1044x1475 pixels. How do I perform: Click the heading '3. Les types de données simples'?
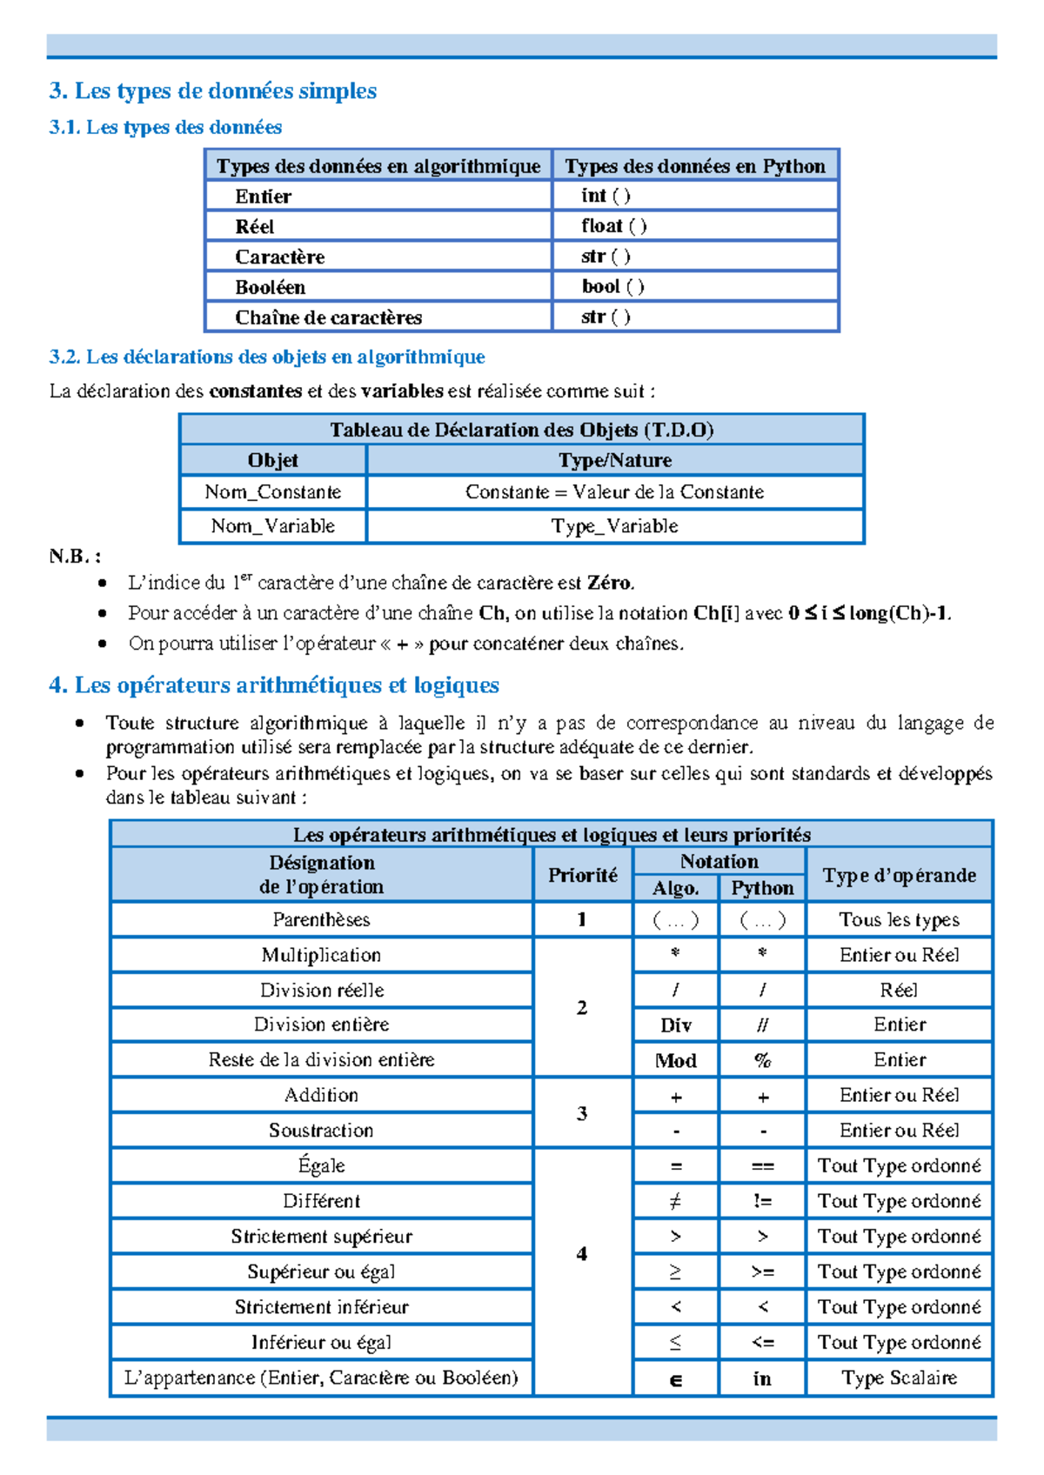coord(213,90)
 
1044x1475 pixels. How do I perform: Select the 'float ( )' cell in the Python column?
coord(613,226)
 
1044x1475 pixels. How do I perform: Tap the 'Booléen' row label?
coord(270,287)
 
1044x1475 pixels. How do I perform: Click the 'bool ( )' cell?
coord(612,286)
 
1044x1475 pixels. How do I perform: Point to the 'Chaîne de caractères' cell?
coord(328,317)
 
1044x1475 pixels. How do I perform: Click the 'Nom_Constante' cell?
coord(272,492)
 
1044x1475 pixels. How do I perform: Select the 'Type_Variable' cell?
coord(614,526)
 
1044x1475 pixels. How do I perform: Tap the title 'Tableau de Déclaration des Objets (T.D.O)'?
coord(521,430)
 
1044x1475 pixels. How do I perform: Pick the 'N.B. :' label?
coord(75,557)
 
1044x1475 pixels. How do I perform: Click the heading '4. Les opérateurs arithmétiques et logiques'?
coord(274,685)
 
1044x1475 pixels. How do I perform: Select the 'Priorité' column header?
coord(582,875)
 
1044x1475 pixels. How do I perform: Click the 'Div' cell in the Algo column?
coord(675,1025)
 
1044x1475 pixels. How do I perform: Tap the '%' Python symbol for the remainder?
coord(762,1060)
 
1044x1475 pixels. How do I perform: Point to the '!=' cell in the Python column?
coord(762,1201)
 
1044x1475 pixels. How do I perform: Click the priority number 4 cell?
coord(582,1253)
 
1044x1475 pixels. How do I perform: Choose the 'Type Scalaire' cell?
coord(899,1378)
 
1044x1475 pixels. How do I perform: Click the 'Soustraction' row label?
coord(321,1131)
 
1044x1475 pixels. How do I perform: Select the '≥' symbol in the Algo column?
coord(675,1271)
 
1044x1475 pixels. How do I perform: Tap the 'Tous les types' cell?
coord(899,919)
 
